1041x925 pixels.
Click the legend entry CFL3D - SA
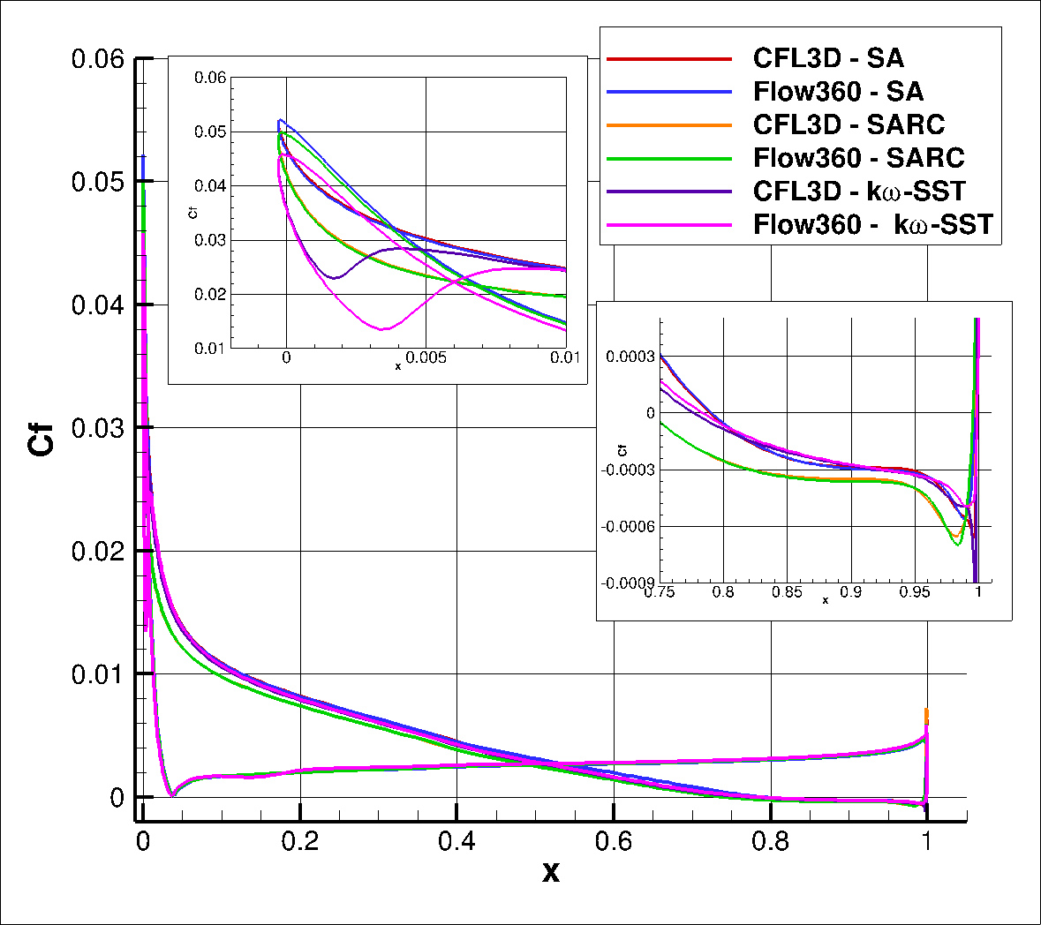(x=827, y=59)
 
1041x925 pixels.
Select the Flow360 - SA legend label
(x=838, y=92)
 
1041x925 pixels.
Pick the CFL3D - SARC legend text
(x=848, y=124)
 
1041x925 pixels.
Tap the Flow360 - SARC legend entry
(x=858, y=158)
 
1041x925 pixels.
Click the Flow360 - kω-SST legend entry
(x=872, y=225)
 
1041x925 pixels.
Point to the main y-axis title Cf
(x=41, y=439)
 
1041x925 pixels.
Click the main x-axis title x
(x=551, y=873)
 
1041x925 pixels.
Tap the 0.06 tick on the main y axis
(x=98, y=60)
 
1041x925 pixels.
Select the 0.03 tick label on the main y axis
(x=98, y=428)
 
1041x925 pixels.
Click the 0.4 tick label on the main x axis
(x=456, y=841)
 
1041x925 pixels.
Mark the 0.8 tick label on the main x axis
(x=771, y=841)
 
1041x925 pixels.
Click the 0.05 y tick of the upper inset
(x=210, y=132)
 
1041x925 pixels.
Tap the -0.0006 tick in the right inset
(x=629, y=527)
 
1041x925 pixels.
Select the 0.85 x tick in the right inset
(x=787, y=592)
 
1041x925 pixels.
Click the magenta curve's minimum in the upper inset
(x=382, y=329)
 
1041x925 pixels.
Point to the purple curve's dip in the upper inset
(x=335, y=277)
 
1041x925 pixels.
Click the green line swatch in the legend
(x=669, y=158)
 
